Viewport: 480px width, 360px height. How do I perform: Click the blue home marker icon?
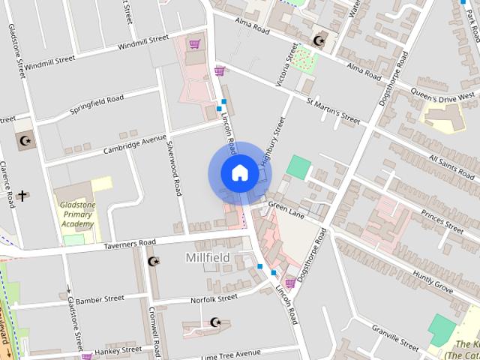point(239,172)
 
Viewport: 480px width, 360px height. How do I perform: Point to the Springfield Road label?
point(97,104)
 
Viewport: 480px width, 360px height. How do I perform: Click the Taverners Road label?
point(130,243)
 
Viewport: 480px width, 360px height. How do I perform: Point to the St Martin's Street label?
point(333,108)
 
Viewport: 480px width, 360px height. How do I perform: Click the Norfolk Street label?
point(213,298)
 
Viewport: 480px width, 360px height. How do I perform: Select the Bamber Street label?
point(99,298)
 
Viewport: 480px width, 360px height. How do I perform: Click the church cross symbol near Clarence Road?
point(22,196)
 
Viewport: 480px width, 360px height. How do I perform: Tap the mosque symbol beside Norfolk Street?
point(216,322)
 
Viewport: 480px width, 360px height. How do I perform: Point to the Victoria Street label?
point(287,63)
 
